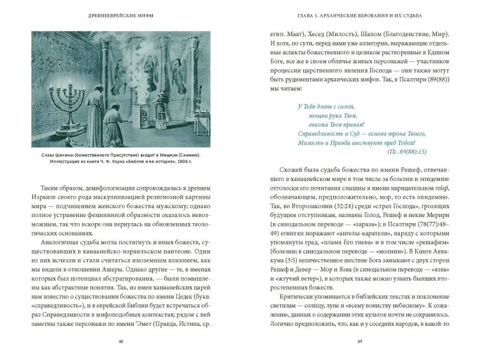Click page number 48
point(120,341)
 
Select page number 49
point(359,341)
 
